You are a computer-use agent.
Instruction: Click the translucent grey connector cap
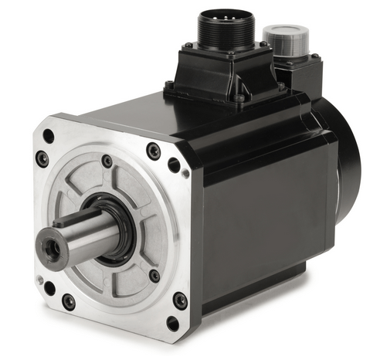(284, 39)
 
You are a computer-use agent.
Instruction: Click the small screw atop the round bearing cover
(107, 161)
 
